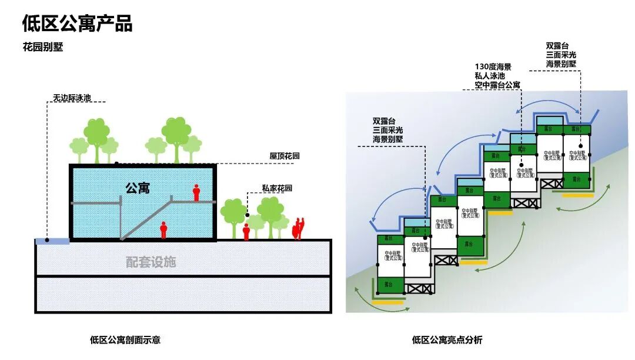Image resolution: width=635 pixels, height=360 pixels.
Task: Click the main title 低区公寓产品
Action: click(77, 24)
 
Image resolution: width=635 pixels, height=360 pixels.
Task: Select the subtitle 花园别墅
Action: click(43, 48)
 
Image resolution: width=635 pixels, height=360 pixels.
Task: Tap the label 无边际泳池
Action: click(72, 98)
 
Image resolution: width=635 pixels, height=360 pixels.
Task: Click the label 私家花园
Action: click(277, 188)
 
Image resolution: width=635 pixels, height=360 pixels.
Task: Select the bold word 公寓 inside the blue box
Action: click(137, 188)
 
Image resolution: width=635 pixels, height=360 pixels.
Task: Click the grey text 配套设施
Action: click(151, 262)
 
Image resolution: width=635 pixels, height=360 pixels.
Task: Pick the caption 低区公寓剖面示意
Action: click(125, 339)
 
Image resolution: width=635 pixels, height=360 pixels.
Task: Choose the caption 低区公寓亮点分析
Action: click(447, 339)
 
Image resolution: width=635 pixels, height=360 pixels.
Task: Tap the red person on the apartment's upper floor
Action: click(196, 192)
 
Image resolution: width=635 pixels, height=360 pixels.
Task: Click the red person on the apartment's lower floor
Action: click(163, 229)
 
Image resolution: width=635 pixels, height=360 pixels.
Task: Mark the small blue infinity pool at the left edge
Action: click(52, 241)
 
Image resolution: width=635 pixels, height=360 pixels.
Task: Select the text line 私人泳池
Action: click(492, 76)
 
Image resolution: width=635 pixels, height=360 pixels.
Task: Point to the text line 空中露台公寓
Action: click(497, 85)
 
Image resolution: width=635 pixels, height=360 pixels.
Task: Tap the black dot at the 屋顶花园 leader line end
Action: click(117, 163)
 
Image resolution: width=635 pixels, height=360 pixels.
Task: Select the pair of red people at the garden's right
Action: click(299, 228)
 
